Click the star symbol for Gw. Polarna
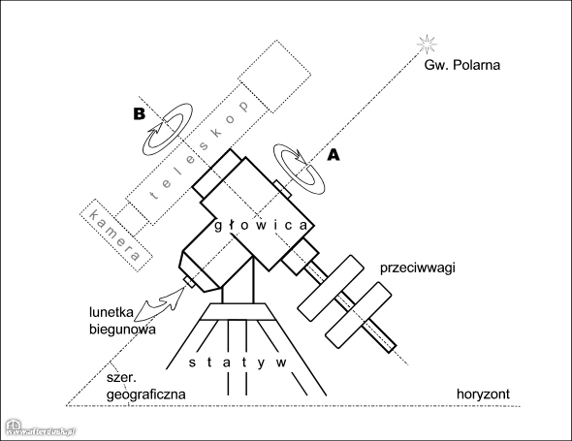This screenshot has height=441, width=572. (x=422, y=42)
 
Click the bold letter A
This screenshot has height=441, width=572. (x=335, y=153)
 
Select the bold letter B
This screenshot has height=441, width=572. (x=140, y=113)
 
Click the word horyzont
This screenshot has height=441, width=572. (x=485, y=394)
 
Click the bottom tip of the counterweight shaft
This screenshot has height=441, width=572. (x=392, y=348)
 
